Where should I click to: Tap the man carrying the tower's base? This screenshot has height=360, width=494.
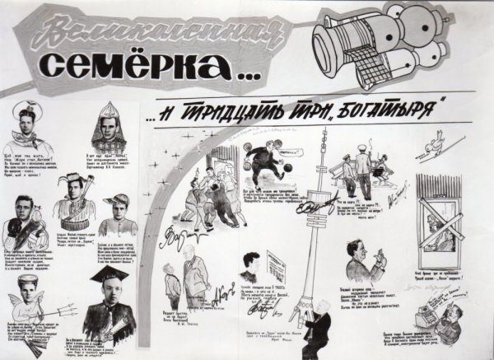coord(315,334)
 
